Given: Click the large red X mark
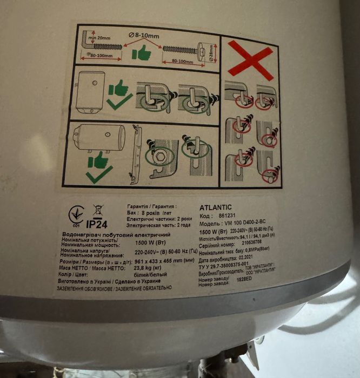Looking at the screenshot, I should click(250, 59).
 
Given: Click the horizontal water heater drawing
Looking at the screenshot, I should click(99, 138).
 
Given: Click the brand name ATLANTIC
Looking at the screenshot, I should click(216, 206).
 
